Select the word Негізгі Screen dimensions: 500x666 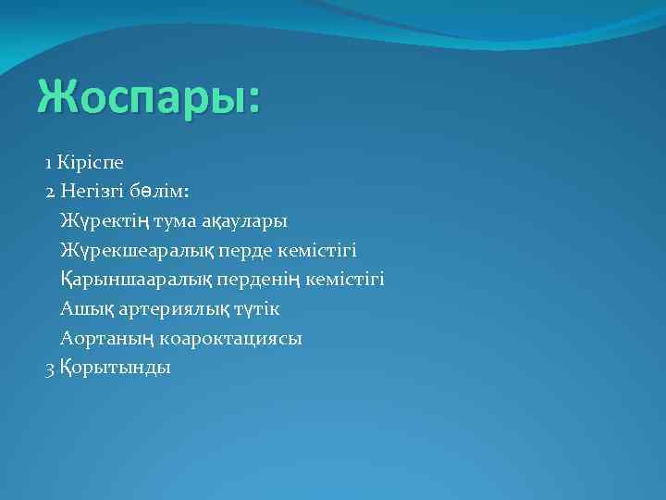92,192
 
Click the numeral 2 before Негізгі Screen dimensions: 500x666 50,192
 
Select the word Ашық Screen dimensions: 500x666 82,309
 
